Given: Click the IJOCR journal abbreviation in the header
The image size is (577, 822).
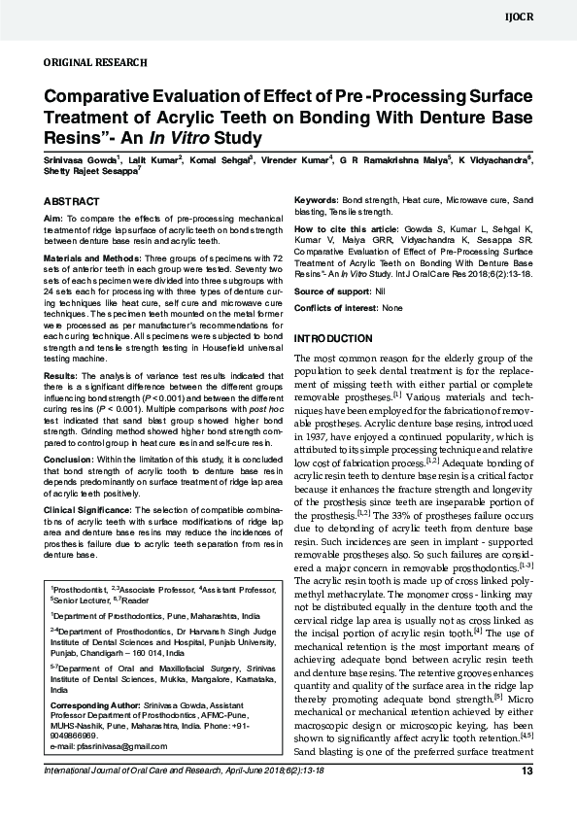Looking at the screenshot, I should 546,18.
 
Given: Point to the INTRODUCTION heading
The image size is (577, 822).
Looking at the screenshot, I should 332,338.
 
